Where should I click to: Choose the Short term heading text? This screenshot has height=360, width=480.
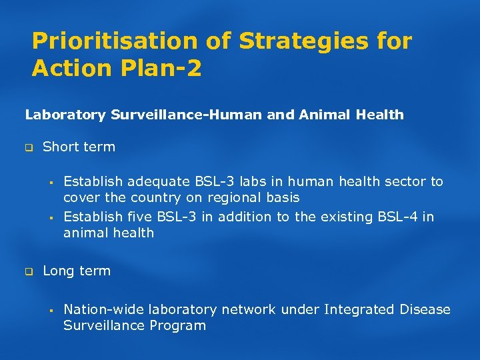[x=79, y=147]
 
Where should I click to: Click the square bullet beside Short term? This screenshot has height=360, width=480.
[x=29, y=147]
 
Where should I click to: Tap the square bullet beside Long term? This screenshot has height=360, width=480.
[x=29, y=272]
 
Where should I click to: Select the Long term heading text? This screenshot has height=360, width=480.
[x=77, y=271]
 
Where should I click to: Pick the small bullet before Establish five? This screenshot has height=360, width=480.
[x=50, y=217]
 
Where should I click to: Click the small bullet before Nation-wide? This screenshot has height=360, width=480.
[x=50, y=311]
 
